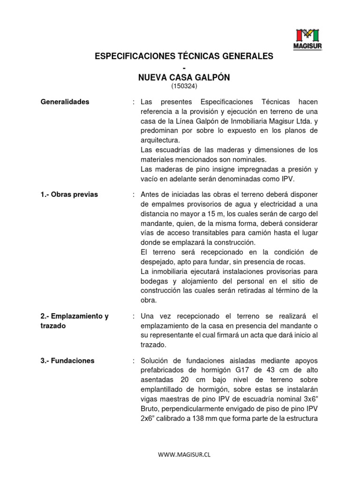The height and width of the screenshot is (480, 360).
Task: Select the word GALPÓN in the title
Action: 210,77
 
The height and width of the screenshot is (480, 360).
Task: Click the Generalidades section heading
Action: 64,102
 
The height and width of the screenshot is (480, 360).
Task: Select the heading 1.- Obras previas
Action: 69,194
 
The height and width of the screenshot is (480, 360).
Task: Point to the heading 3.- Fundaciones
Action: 67,360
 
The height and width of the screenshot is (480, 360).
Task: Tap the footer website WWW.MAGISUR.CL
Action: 184,455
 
